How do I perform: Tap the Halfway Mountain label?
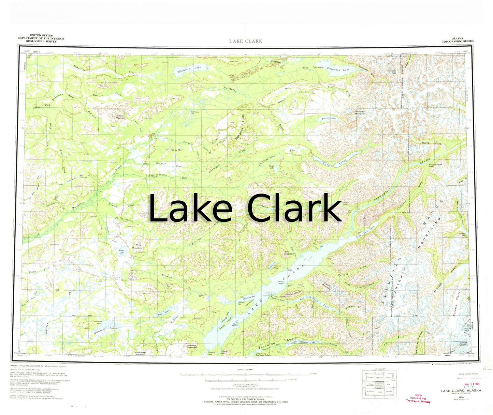120,117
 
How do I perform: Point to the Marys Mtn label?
176,150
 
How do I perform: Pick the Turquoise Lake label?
329,119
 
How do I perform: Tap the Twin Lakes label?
336,164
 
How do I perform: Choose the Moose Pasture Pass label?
435,166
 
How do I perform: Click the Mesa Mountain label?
137,246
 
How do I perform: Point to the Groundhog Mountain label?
140,353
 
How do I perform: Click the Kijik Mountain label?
289,253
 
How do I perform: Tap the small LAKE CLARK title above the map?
246,41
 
